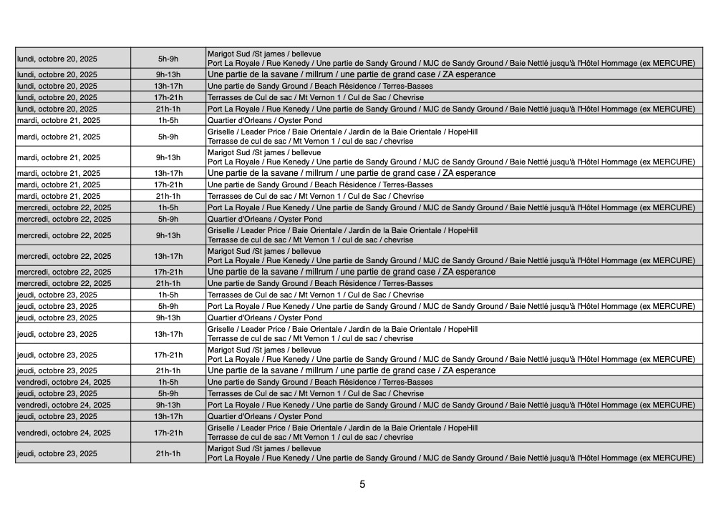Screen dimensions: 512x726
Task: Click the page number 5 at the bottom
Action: click(362, 484)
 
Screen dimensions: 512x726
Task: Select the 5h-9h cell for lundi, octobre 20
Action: click(168, 59)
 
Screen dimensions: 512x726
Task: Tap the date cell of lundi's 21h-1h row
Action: click(72, 109)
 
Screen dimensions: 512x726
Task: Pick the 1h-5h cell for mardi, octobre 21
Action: click(168, 120)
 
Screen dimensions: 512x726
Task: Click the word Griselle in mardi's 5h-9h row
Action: click(221, 132)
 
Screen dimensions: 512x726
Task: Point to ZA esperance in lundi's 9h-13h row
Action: click(469, 74)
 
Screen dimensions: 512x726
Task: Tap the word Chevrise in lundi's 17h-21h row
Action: click(408, 97)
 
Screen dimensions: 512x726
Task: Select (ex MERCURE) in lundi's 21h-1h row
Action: click(667, 109)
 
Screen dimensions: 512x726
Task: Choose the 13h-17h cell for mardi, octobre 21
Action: click(168, 173)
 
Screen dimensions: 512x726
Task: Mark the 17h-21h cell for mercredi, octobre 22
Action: click(168, 272)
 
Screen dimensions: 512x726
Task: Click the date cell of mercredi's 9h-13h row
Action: click(72, 235)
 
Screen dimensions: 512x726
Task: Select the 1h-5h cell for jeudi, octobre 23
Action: click(168, 295)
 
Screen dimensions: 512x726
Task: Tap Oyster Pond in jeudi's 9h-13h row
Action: click(300, 317)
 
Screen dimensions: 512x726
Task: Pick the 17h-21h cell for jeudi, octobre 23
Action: click(168, 355)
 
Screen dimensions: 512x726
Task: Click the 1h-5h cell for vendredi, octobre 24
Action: click(168, 382)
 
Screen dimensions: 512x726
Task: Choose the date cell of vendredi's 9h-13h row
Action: click(72, 405)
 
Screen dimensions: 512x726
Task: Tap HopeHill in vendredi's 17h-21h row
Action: click(463, 428)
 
